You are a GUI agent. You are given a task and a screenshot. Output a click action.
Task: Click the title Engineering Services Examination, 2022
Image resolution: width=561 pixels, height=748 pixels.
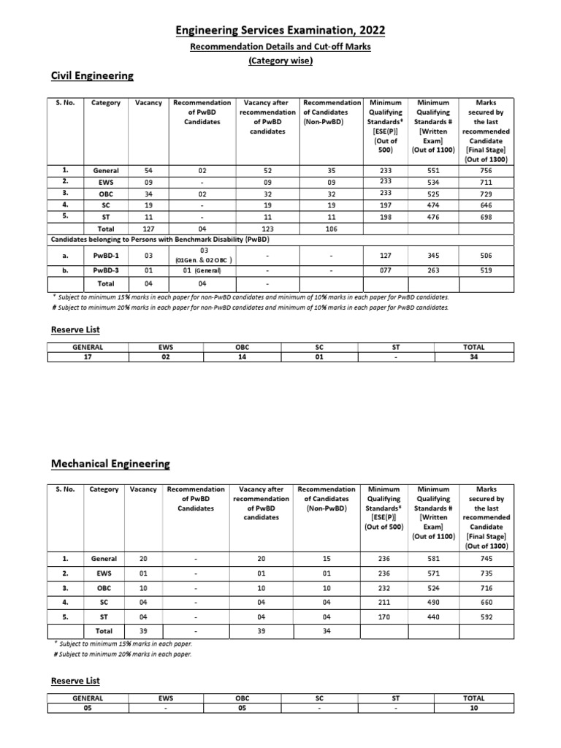click(x=280, y=30)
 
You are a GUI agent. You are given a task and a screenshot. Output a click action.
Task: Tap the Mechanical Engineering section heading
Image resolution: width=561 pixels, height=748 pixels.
click(x=110, y=464)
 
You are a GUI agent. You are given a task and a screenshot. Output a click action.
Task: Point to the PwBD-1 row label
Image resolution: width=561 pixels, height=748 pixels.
click(x=106, y=256)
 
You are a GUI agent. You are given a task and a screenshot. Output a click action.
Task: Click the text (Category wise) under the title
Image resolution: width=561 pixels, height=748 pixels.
click(x=280, y=61)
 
